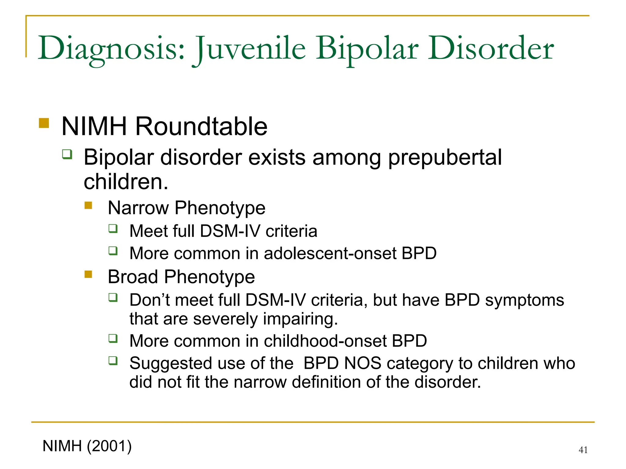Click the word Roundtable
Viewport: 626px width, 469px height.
coord(201,126)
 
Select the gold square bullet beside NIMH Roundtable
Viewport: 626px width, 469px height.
coord(44,123)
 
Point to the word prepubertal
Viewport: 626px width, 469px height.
coord(445,158)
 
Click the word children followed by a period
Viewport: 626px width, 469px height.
coord(126,182)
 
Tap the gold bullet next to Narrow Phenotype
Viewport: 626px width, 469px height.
coord(88,205)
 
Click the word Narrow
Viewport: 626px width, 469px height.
coord(138,208)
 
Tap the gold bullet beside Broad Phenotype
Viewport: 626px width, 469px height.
coord(88,274)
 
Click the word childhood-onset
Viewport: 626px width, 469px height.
coord(325,341)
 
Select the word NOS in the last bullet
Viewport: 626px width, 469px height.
coord(363,363)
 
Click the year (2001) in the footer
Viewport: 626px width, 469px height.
coord(109,446)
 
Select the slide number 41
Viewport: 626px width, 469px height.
coord(583,450)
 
